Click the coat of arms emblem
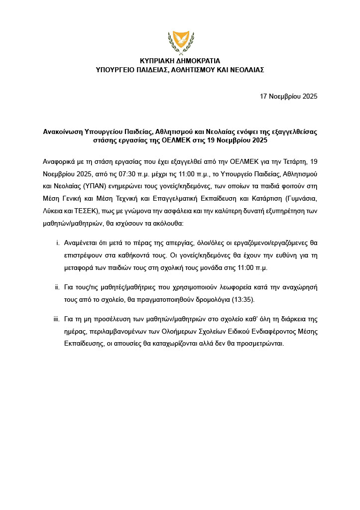[x=180, y=41]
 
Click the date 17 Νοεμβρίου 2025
[x=289, y=96]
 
